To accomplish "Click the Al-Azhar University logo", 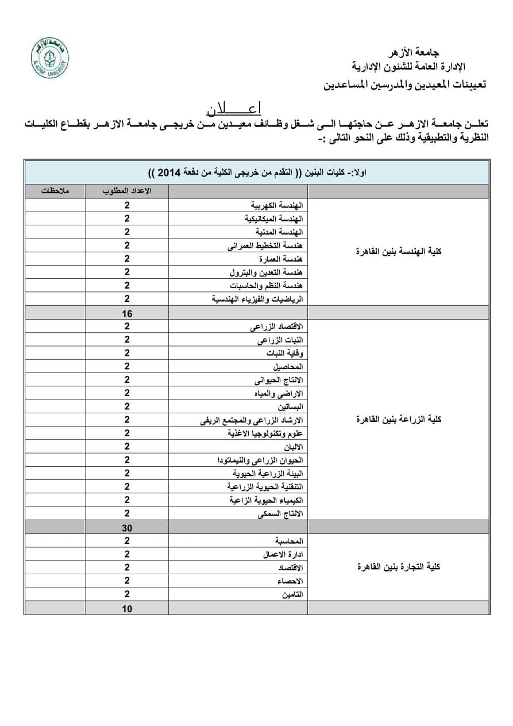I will point(50,58).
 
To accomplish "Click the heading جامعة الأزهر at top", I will point(414,52).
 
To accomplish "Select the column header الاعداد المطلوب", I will point(127,191).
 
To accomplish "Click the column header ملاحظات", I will point(55,191).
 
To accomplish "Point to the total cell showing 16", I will point(127,313).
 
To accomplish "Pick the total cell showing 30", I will point(127,527).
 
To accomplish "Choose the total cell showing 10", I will point(127,608).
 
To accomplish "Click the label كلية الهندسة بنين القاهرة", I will point(399,252).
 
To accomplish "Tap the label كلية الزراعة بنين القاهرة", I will point(399,420).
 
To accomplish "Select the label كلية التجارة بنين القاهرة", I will point(399,567).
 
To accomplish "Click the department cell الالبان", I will point(293,447).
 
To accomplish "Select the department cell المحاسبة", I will point(289,541).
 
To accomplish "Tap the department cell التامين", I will point(292,595).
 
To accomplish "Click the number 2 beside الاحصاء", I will point(127,581).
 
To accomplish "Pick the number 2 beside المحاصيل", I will point(127,366).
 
